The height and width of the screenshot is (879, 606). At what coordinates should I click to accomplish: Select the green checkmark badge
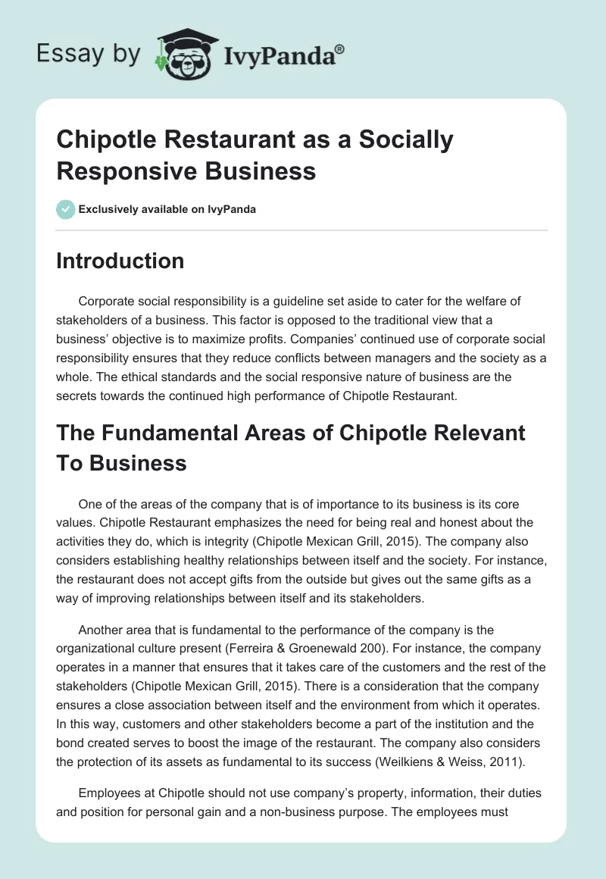[x=66, y=209]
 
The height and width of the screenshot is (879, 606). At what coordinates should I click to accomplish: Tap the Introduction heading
[x=120, y=261]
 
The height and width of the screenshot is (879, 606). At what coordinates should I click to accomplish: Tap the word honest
[x=457, y=523]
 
